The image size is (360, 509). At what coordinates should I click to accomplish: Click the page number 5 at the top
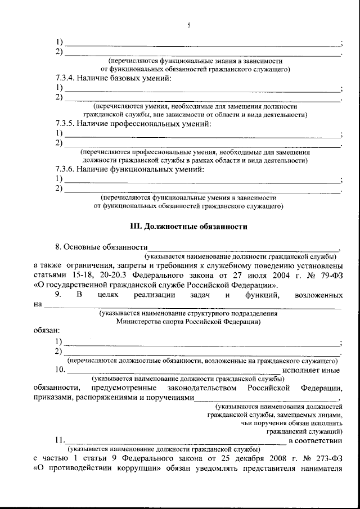pos(189,24)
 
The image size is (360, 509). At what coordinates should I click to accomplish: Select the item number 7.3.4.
pos(66,78)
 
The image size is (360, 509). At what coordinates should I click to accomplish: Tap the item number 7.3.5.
pos(66,123)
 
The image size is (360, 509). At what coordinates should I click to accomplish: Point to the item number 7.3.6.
pos(66,168)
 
